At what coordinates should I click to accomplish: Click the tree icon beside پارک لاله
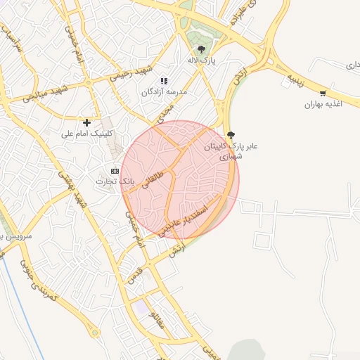[202, 49]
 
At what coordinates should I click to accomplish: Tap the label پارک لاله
[202, 61]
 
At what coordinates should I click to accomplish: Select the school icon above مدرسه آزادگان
[165, 81]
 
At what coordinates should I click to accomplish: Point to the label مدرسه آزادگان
[165, 93]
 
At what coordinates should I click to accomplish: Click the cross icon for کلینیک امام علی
[87, 122]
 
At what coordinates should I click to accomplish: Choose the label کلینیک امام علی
[87, 134]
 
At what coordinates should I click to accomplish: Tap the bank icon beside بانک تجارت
[115, 171]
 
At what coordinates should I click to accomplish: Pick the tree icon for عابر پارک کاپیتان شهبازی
[231, 135]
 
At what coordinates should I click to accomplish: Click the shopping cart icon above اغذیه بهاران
[323, 93]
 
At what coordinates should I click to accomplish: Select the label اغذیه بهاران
[322, 105]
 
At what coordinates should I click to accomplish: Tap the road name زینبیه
[294, 78]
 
